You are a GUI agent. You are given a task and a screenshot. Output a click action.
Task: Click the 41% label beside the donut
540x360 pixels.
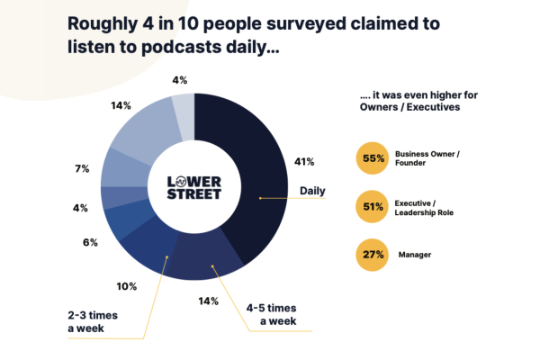[304, 162]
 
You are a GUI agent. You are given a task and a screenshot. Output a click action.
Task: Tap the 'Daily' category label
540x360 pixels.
[312, 191]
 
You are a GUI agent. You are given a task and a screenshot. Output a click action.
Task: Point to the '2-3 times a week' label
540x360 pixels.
[99, 322]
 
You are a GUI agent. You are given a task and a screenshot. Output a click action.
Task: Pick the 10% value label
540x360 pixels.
[126, 286]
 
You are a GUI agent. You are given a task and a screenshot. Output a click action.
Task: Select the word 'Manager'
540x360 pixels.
[416, 255]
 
